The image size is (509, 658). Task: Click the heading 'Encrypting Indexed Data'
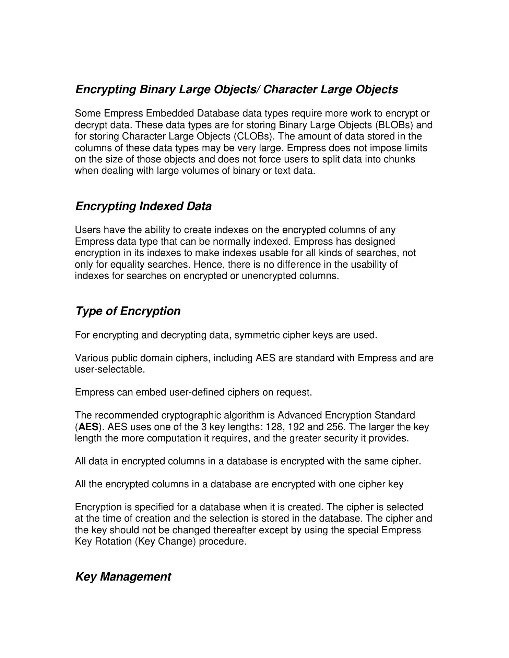(x=143, y=206)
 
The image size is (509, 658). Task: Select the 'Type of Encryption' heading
(x=128, y=311)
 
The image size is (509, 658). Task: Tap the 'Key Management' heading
(x=123, y=576)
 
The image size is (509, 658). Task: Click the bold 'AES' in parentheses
(x=88, y=427)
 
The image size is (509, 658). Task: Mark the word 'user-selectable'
(x=110, y=370)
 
